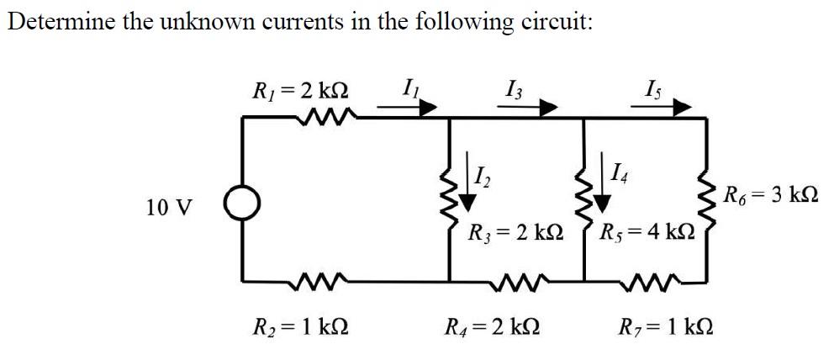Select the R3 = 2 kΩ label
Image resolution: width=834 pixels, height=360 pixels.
point(516,230)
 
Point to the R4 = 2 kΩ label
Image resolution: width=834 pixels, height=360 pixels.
point(493,325)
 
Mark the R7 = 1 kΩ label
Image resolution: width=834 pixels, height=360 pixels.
point(668,325)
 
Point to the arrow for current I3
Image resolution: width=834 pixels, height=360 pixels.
point(538,107)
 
